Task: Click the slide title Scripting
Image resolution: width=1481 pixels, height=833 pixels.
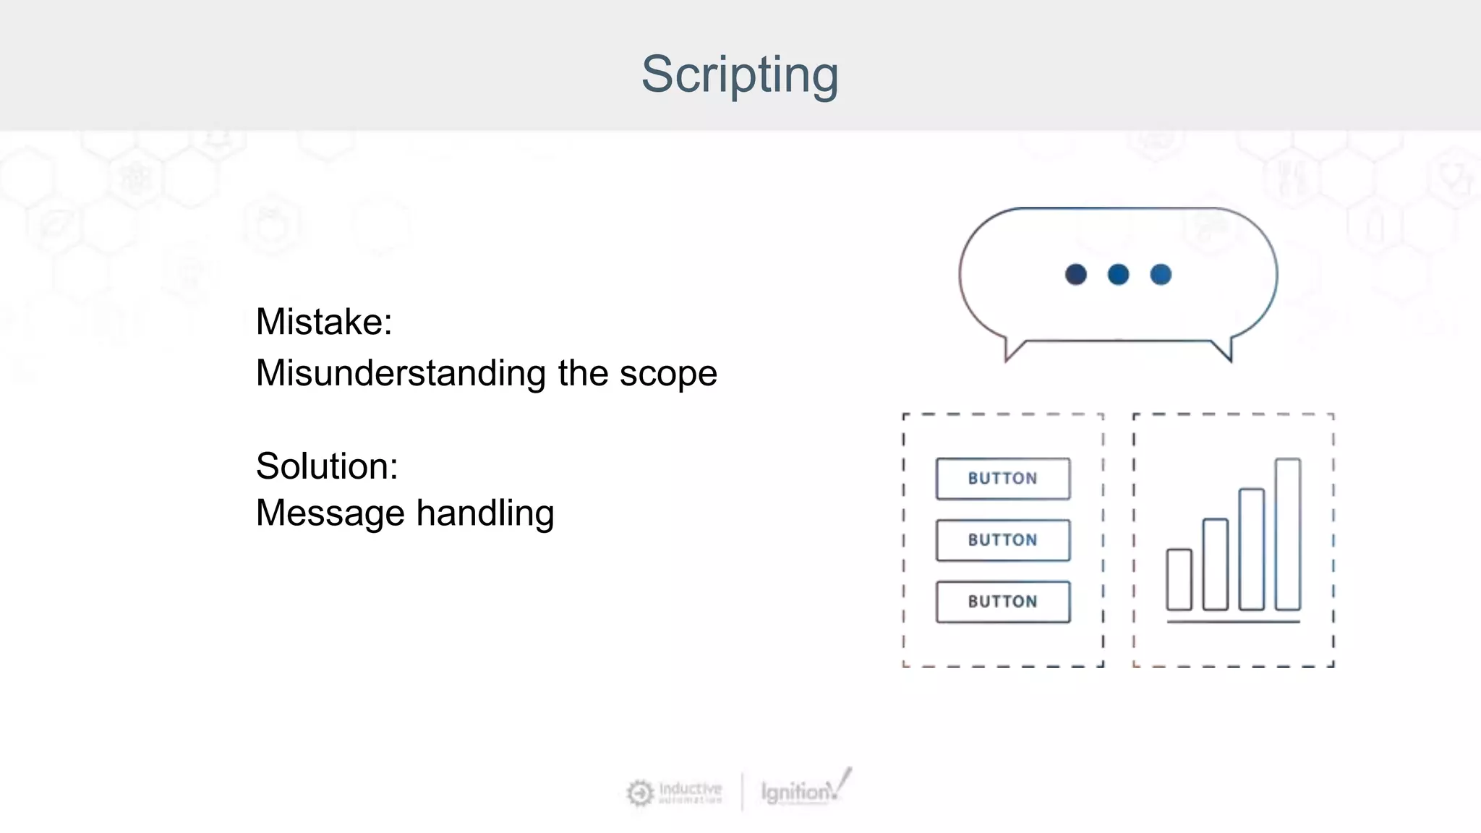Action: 740,74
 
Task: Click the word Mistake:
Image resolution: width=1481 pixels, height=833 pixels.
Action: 323,322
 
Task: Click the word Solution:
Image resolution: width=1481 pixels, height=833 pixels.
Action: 326,466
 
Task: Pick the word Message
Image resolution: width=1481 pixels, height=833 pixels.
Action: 330,513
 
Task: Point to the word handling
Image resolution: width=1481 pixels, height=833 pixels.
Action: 485,514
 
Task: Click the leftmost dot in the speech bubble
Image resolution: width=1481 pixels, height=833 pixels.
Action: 1075,275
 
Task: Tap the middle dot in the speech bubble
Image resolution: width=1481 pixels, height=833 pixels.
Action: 1118,275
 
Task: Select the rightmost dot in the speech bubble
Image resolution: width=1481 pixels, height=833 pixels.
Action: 1161,275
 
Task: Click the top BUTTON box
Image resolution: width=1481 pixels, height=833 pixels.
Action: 1002,479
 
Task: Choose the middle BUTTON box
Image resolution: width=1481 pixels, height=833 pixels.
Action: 1002,540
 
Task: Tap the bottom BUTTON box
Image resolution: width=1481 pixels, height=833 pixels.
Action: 1002,602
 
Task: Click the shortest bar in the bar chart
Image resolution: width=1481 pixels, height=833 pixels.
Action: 1179,580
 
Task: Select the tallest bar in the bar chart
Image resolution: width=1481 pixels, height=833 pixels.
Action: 1287,535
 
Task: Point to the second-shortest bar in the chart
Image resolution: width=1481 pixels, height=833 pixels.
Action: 1215,565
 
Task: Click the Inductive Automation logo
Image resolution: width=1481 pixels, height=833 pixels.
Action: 675,793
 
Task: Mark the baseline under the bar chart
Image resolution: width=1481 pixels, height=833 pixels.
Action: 1233,621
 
